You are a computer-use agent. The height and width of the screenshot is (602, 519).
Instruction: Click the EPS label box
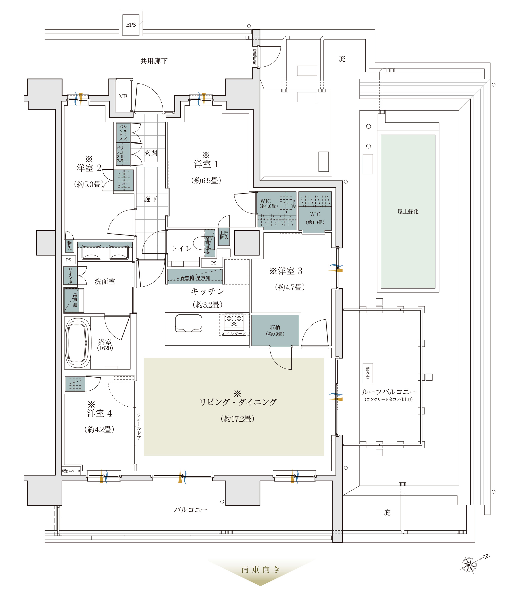[x=131, y=25]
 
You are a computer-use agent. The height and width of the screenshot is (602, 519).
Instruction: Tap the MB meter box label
[x=123, y=96]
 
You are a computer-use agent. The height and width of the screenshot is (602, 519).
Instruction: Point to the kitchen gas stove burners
[x=234, y=321]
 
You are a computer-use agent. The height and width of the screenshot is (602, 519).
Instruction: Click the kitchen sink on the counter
[x=188, y=323]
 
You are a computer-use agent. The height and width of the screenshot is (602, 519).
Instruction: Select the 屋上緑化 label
[x=408, y=211]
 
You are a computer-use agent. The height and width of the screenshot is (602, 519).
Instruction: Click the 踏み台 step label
[x=368, y=373]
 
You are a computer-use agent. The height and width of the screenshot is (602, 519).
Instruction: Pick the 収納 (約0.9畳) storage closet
[x=275, y=330]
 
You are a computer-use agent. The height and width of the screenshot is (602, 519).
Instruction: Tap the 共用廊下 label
[x=154, y=61]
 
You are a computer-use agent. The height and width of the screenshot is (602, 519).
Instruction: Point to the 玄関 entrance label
[x=151, y=153]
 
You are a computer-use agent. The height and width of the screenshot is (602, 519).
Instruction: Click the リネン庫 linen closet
[x=70, y=276]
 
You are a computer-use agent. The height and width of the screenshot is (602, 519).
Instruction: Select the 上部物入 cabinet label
[x=224, y=235]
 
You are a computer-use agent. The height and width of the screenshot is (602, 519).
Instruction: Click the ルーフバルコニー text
[x=389, y=392]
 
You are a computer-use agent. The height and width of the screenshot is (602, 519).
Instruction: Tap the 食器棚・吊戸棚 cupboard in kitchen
[x=195, y=278]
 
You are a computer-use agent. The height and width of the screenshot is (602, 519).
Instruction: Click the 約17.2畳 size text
[x=238, y=419]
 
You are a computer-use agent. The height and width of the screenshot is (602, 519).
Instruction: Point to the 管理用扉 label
[x=255, y=57]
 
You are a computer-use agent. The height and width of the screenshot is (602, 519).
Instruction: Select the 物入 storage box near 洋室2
[x=70, y=246]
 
